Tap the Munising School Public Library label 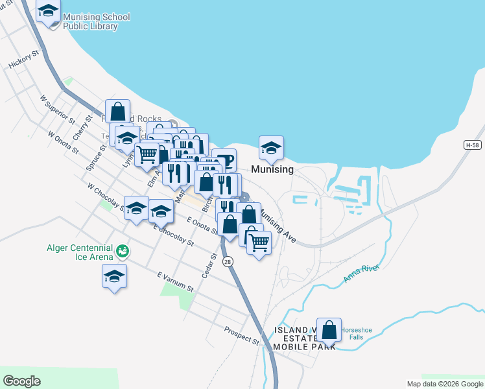[96, 22]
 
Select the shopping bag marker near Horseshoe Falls [329, 330]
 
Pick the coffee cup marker [224, 160]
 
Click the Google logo [21, 381]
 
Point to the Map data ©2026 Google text [444, 384]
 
